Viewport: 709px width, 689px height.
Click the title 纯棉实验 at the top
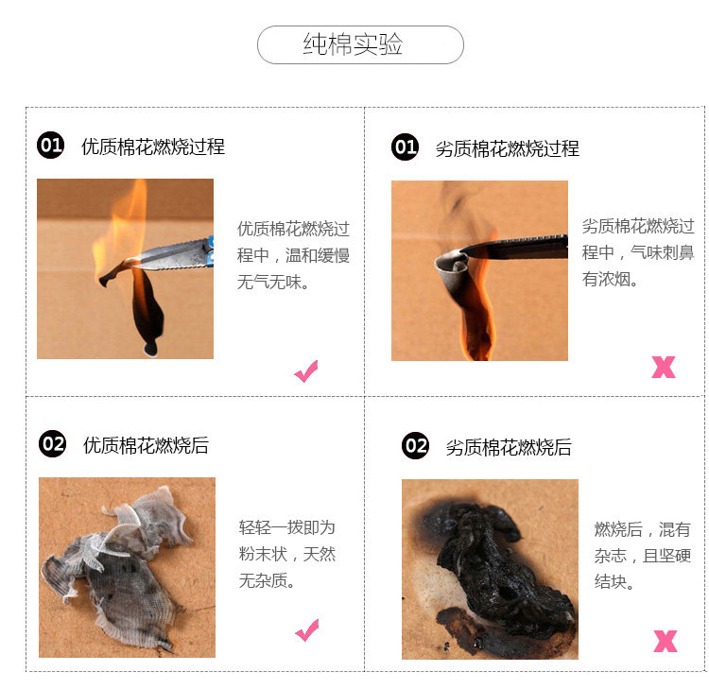click(353, 44)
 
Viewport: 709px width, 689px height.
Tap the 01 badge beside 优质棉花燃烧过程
click(51, 146)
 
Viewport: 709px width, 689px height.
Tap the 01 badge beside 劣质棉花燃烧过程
click(406, 147)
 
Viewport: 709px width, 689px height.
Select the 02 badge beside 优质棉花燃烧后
click(52, 443)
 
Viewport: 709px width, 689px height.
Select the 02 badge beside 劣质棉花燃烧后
click(416, 446)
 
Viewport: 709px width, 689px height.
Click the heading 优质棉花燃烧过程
click(153, 146)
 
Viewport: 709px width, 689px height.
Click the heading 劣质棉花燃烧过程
click(508, 148)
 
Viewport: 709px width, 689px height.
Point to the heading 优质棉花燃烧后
click(146, 445)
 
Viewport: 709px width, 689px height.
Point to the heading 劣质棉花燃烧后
click(509, 447)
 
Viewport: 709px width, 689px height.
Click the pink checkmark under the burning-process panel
click(305, 371)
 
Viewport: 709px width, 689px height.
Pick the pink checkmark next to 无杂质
click(307, 630)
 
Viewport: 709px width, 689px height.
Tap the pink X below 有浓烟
click(664, 367)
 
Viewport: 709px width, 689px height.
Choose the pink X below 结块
click(666, 641)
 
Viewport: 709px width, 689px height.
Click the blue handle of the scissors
click(210, 250)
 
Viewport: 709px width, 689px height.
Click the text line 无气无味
click(273, 282)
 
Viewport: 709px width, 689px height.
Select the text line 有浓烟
click(610, 279)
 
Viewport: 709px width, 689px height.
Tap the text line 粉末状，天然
click(287, 553)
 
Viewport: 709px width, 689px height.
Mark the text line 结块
click(614, 581)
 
